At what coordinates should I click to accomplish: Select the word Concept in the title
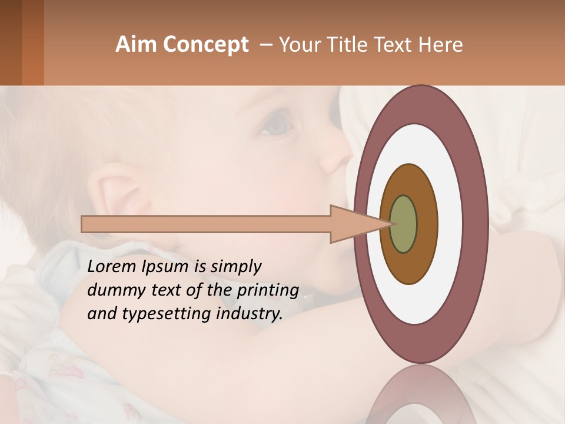tap(207, 45)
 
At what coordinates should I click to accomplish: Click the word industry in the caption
tap(249, 314)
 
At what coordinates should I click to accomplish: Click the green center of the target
tap(403, 224)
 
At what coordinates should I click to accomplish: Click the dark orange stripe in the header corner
tap(32, 42)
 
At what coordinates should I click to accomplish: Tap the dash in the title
tap(265, 45)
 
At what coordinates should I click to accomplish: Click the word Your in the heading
tap(299, 45)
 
